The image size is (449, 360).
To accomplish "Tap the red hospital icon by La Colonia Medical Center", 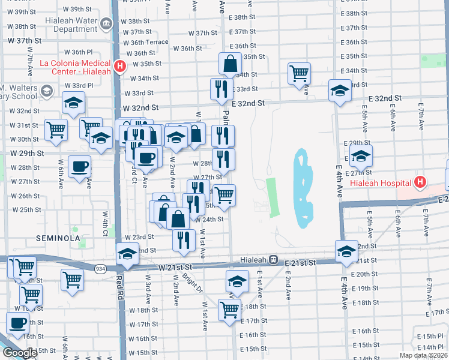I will coord(120,66).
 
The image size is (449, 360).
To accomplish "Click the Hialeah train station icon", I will coord(273,260).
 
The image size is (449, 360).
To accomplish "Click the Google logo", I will coord(20,353).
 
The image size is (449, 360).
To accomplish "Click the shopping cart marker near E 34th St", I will coord(299,73).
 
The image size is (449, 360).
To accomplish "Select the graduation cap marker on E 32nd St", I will coord(340,91).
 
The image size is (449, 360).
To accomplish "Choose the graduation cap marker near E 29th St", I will coord(361,155).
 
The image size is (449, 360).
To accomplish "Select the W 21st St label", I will coord(175,266).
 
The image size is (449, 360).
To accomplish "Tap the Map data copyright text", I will coord(423,355).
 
